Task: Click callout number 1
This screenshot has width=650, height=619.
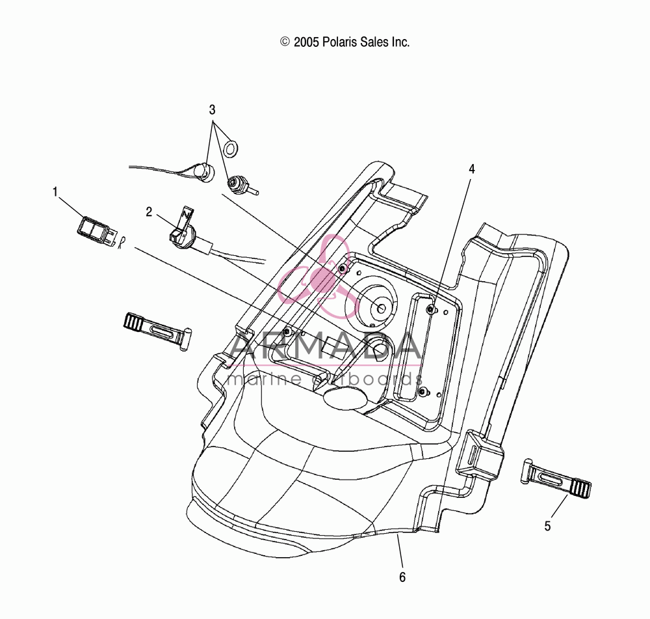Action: click(55, 192)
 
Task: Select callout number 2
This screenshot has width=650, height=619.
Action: click(149, 212)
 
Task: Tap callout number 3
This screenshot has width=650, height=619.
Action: click(213, 110)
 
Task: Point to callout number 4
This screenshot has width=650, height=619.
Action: click(472, 169)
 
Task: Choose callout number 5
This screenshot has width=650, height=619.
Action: click(547, 526)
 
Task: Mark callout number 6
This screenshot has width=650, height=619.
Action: click(402, 577)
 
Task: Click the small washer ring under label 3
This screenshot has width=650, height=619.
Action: click(231, 148)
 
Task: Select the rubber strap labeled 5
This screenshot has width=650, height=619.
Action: click(556, 478)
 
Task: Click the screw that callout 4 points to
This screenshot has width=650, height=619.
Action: click(431, 309)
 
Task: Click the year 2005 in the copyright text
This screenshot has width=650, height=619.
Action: click(306, 42)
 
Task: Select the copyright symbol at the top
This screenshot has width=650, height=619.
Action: click(285, 42)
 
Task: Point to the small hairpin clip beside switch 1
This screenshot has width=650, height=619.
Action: click(121, 242)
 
